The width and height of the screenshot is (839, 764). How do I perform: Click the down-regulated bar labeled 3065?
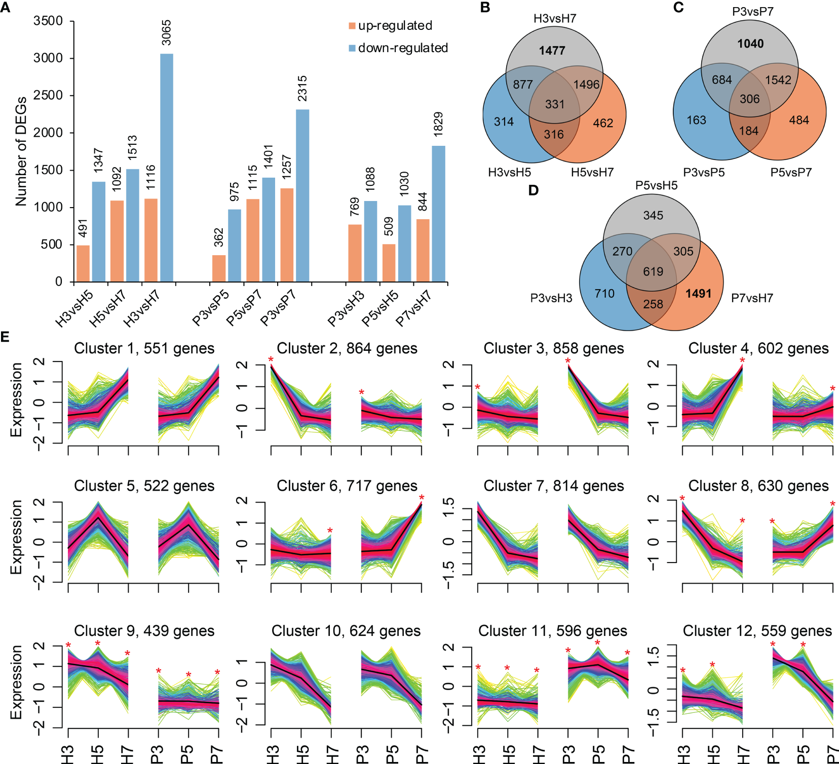pos(167,167)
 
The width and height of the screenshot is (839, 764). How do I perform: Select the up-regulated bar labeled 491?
pos(83,263)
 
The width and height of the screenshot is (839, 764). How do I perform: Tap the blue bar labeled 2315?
pos(302,195)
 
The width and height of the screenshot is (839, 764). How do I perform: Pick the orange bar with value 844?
pos(423,250)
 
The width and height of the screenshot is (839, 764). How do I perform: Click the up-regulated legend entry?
pos(390,26)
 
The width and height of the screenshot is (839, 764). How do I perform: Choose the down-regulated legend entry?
pos(398,48)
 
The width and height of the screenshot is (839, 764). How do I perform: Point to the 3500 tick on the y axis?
pos(48,21)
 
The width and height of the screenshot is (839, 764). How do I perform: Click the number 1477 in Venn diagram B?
pos(552,51)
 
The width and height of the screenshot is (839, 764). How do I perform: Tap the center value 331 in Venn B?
pos(555,104)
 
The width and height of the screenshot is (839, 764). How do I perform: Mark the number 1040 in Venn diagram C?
pos(750,44)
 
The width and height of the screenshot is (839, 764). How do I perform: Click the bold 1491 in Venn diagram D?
pos(699,294)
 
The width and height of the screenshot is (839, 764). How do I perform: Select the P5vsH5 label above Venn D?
pos(656,186)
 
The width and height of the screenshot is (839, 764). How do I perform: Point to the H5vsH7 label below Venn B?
pos(592,173)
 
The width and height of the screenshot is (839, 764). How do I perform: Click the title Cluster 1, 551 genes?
pos(144,349)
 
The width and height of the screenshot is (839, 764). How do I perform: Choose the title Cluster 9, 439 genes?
pos(144,631)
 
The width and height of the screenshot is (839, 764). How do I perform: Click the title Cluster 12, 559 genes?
pos(757,631)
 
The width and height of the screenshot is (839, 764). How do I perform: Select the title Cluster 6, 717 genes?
pos(347,486)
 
